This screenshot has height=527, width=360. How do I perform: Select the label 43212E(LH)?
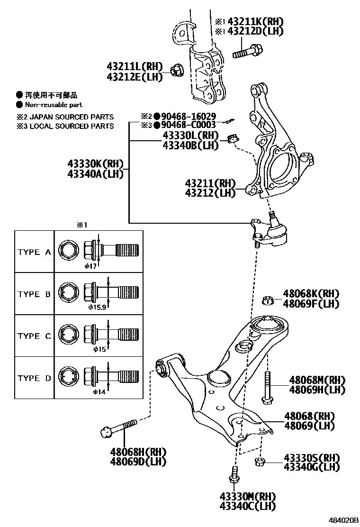(x=135, y=76)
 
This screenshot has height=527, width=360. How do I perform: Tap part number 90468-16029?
(x=189, y=116)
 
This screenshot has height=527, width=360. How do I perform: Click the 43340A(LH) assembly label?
(x=95, y=174)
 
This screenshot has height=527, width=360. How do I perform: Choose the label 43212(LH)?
(x=210, y=193)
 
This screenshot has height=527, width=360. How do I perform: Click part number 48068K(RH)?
(x=311, y=294)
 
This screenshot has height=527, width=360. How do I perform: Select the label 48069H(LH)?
(x=317, y=390)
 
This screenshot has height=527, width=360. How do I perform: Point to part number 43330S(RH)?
(x=312, y=458)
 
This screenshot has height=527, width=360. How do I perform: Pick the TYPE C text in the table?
(x=34, y=336)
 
